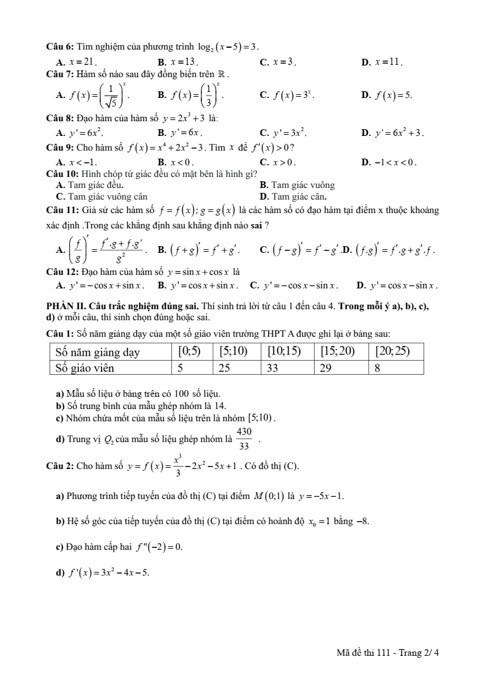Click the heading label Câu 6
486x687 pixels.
[60, 47]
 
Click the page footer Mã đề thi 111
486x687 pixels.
[365, 653]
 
